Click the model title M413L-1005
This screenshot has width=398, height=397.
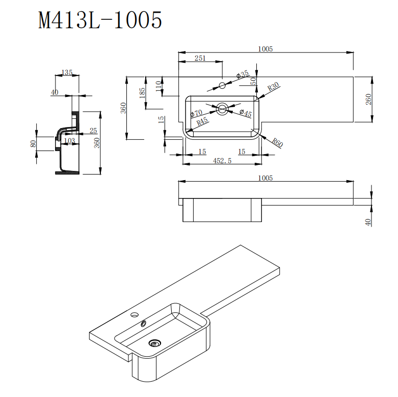tap(100, 20)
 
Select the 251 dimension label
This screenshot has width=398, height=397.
tap(200, 58)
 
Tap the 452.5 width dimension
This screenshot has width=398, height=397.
tap(222, 160)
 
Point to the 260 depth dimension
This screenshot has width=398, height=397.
tap(368, 100)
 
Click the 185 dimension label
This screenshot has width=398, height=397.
tap(142, 92)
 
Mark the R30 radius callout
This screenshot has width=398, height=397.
tap(274, 87)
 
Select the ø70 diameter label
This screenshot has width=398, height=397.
tap(197, 113)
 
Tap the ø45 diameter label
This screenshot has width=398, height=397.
tap(246, 114)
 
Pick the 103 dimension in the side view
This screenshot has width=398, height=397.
tap(70, 140)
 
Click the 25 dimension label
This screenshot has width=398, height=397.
tap(93, 131)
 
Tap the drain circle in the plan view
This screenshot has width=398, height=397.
tap(222, 109)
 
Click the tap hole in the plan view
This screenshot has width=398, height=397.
tap(222, 85)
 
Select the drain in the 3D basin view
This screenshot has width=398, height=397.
tap(156, 343)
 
